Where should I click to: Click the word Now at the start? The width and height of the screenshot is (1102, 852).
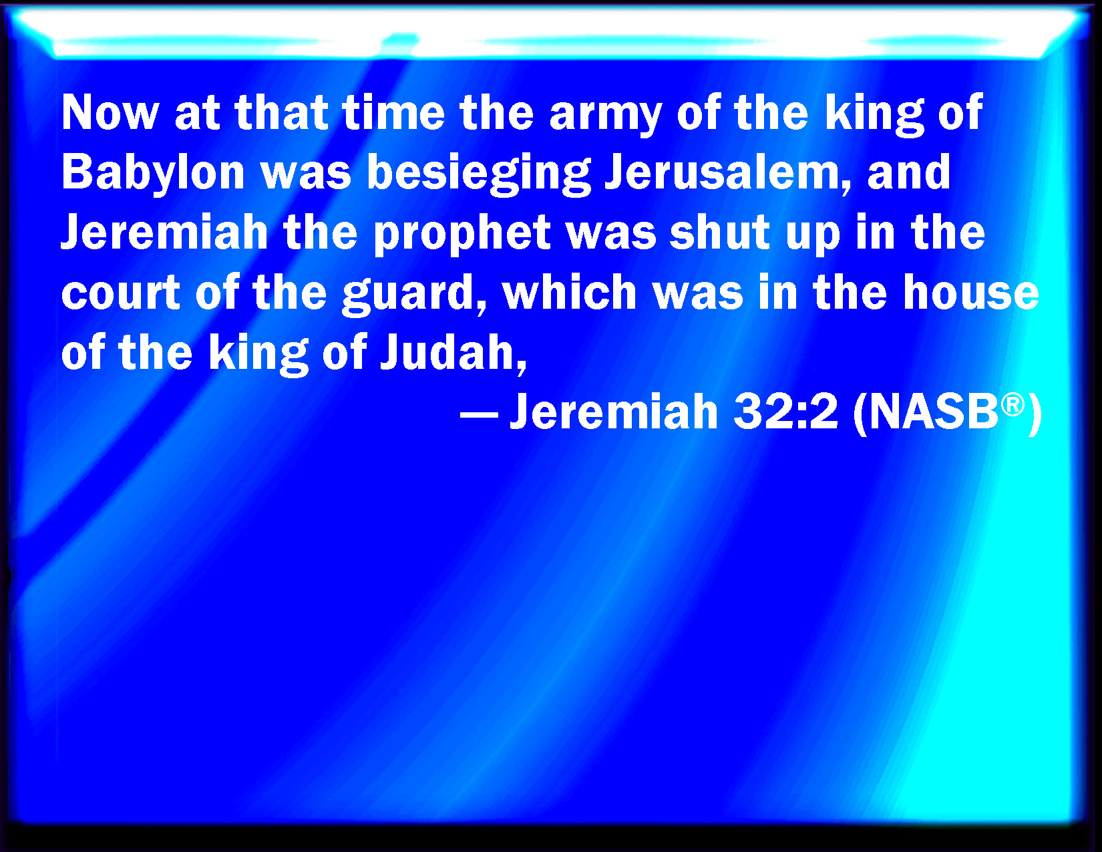(110, 113)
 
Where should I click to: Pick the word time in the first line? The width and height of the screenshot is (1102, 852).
(394, 113)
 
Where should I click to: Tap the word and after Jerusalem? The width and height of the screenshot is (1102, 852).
(908, 172)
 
